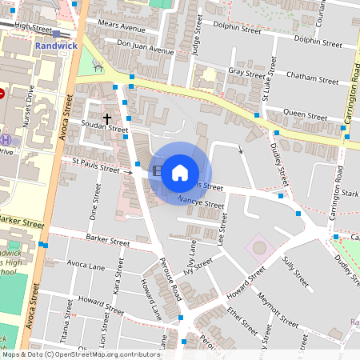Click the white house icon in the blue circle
[180, 172]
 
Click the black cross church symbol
[107, 118]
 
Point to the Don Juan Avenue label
[145, 47]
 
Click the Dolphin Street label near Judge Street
[239, 30]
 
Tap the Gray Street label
[246, 72]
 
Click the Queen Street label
[306, 114]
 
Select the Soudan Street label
[105, 128]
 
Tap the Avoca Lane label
[86, 266]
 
